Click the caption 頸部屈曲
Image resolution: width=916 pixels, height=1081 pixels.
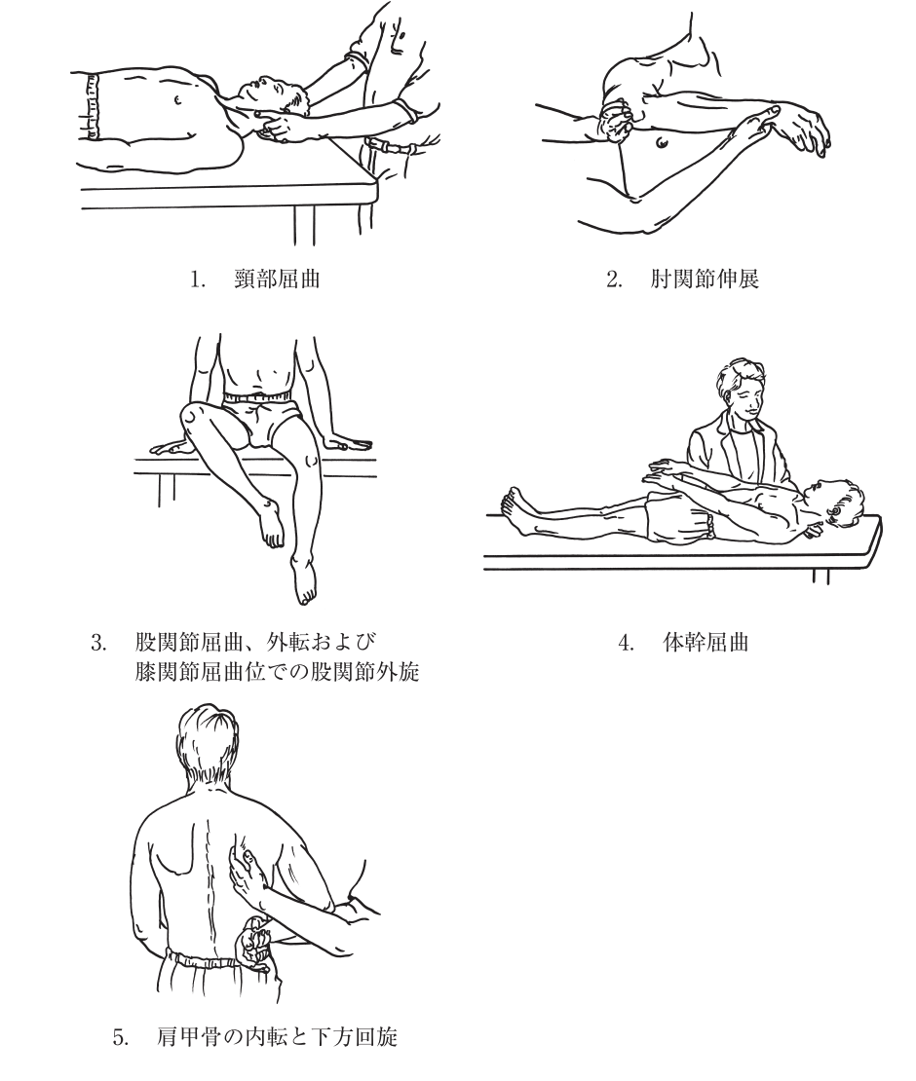click(277, 280)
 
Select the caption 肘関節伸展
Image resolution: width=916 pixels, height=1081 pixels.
click(705, 280)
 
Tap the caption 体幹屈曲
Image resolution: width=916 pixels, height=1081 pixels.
click(705, 643)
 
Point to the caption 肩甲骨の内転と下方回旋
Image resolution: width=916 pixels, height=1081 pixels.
click(277, 1036)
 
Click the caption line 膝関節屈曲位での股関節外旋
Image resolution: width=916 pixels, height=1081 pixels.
click(278, 672)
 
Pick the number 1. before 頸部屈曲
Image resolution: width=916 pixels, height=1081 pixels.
click(198, 280)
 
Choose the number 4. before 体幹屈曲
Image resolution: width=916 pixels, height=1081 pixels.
click(626, 643)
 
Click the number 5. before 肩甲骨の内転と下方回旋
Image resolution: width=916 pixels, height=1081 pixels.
click(121, 1037)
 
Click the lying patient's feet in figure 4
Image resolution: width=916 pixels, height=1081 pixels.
click(515, 511)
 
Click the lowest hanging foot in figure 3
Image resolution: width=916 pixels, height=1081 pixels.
click(303, 579)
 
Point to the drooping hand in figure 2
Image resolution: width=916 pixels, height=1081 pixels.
click(804, 129)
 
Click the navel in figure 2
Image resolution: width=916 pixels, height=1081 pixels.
click(663, 143)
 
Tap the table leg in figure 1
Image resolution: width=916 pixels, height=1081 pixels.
click(303, 225)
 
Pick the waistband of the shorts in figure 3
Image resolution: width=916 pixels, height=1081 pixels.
click(256, 397)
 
